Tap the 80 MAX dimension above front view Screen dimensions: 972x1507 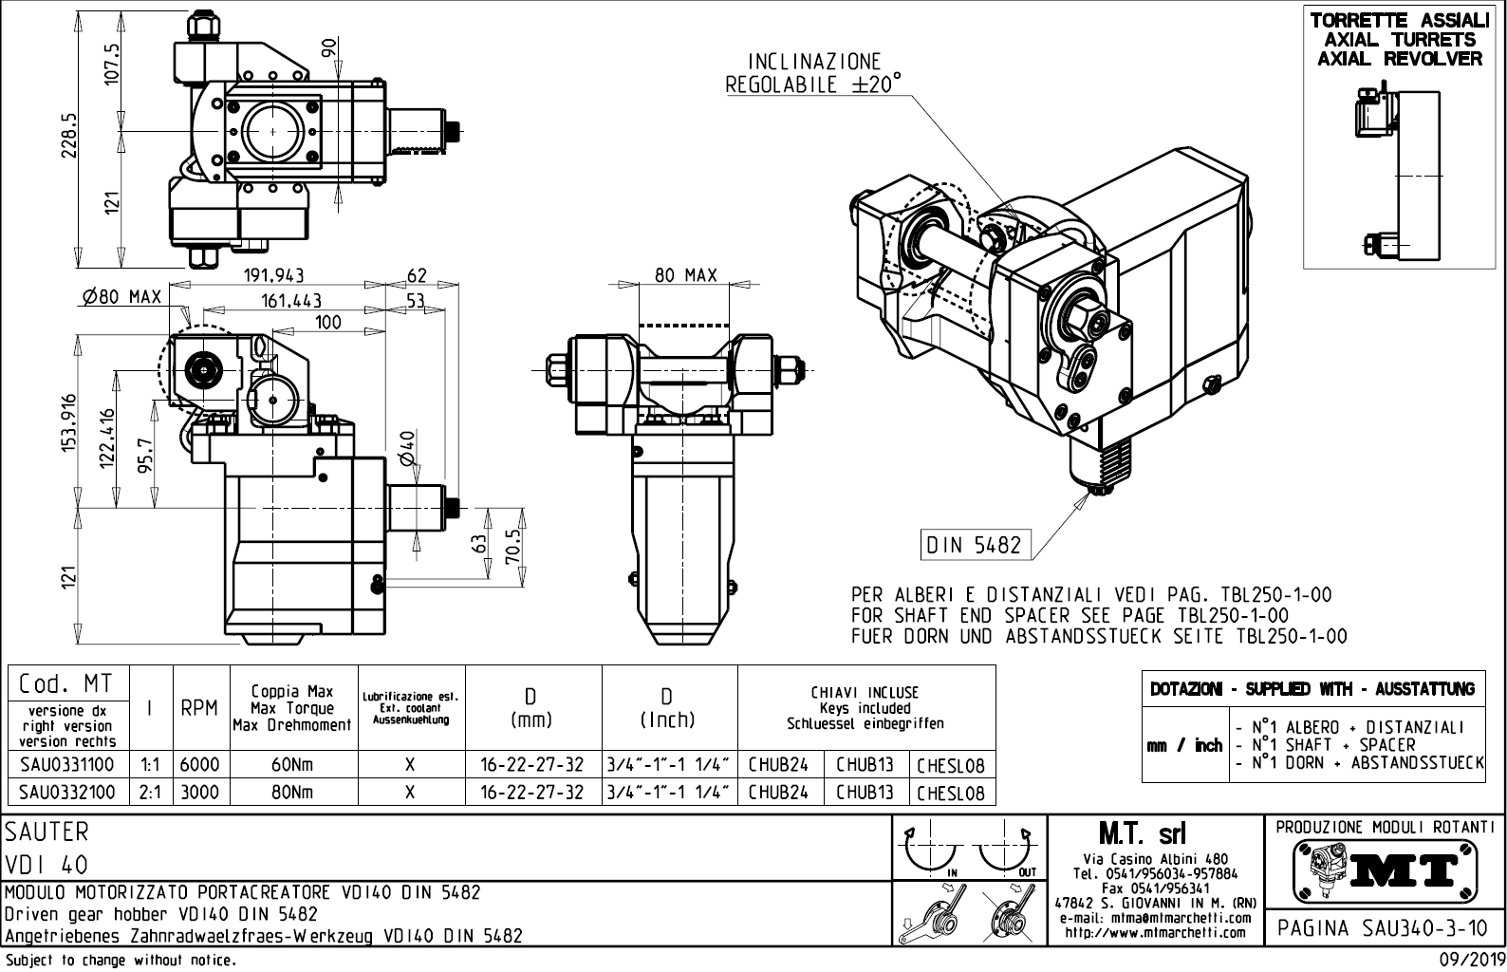(x=685, y=275)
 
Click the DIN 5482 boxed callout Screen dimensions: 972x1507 (x=974, y=545)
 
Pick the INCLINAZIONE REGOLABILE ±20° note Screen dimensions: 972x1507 (x=813, y=73)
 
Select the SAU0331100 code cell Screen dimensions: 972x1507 (x=66, y=764)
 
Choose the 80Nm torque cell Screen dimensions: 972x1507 (x=292, y=792)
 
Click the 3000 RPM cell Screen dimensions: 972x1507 (x=199, y=792)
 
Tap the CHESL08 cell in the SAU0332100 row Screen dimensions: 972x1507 (x=951, y=792)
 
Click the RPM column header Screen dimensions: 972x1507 (x=199, y=708)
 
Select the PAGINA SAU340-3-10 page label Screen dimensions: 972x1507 (x=1384, y=926)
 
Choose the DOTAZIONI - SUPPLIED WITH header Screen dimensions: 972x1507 (x=1312, y=689)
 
